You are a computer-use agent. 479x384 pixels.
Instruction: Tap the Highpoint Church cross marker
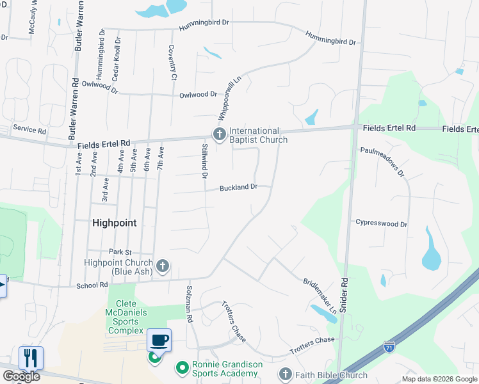click(163, 266)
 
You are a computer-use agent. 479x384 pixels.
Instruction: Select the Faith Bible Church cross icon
click(285, 374)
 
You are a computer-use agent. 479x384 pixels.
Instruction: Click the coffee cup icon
click(158, 339)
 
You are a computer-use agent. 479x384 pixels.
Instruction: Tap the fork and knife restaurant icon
click(31, 358)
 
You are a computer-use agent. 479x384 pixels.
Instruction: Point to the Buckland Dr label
click(238, 188)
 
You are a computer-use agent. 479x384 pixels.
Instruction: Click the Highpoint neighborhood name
click(114, 223)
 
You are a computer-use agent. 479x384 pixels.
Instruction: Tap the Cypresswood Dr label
click(382, 224)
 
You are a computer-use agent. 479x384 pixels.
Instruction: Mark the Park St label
click(120, 252)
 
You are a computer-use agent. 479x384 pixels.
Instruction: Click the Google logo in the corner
click(21, 376)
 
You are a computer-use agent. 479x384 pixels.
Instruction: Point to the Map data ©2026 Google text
click(439, 379)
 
